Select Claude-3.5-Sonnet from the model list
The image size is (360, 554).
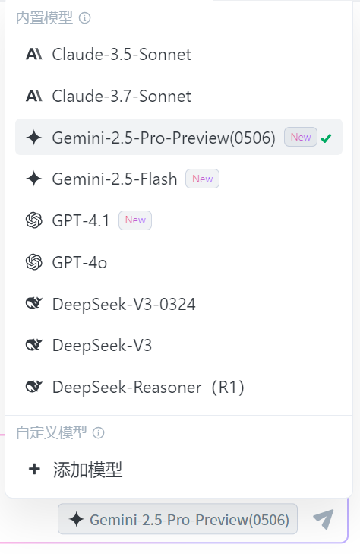[x=122, y=55]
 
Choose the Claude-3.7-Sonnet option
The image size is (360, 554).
[x=122, y=96]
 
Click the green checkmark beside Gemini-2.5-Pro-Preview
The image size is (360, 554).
[x=326, y=138]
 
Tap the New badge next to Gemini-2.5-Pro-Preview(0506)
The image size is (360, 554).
[x=301, y=137]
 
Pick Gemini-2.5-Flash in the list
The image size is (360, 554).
[x=115, y=179]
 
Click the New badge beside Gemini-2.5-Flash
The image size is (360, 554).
[x=203, y=179]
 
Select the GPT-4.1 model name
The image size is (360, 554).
[x=81, y=220]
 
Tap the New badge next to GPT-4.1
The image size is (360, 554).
[x=135, y=220]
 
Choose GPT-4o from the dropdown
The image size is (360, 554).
[x=80, y=262]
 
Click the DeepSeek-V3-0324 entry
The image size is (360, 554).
[x=124, y=304]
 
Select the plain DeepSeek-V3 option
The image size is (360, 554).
[x=102, y=346]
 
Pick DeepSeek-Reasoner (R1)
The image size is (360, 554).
[x=148, y=388]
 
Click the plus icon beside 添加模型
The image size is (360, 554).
[x=34, y=469]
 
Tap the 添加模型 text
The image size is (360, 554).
[x=87, y=470]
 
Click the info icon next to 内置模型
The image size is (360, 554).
[x=85, y=17]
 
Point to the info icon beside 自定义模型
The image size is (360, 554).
[x=99, y=433]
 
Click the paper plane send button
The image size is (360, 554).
[x=324, y=519]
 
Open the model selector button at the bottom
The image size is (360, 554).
[x=178, y=519]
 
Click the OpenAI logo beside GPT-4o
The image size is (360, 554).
[x=34, y=262]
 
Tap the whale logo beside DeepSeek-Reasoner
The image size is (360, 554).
[x=34, y=387]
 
